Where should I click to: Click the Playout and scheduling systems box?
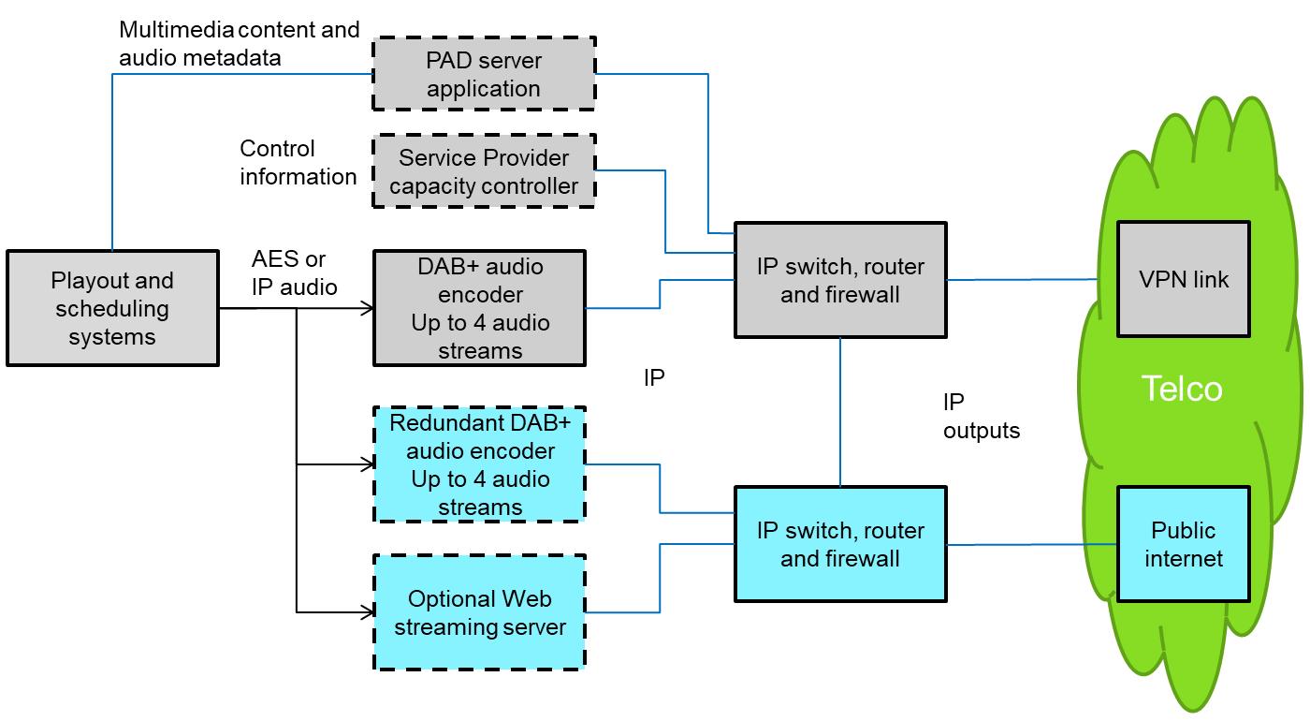pyautogui.click(x=112, y=308)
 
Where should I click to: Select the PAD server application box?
pyautogui.click(x=484, y=74)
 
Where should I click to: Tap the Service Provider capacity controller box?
pyautogui.click(x=484, y=171)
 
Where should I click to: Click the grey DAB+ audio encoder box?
pyautogui.click(x=480, y=308)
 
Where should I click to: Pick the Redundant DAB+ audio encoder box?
pyautogui.click(x=480, y=464)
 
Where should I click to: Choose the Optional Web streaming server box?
pyautogui.click(x=480, y=612)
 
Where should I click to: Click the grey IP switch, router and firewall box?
pyautogui.click(x=840, y=280)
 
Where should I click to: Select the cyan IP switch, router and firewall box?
pyautogui.click(x=840, y=544)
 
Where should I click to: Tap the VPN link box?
pyautogui.click(x=1184, y=279)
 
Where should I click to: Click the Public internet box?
pyautogui.click(x=1184, y=544)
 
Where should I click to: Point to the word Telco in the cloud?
pyautogui.click(x=1182, y=389)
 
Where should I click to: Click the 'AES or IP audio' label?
pyautogui.click(x=294, y=272)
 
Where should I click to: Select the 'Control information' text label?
pyautogui.click(x=298, y=163)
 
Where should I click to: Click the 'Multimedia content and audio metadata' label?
pyautogui.click(x=239, y=43)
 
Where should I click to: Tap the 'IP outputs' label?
pyautogui.click(x=981, y=417)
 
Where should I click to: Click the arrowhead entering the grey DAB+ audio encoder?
pyautogui.click(x=368, y=308)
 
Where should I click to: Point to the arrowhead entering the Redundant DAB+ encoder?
pyautogui.click(x=368, y=464)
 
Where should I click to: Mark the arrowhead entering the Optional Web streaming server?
pyautogui.click(x=368, y=612)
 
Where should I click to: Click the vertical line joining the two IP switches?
pyautogui.click(x=840, y=412)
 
